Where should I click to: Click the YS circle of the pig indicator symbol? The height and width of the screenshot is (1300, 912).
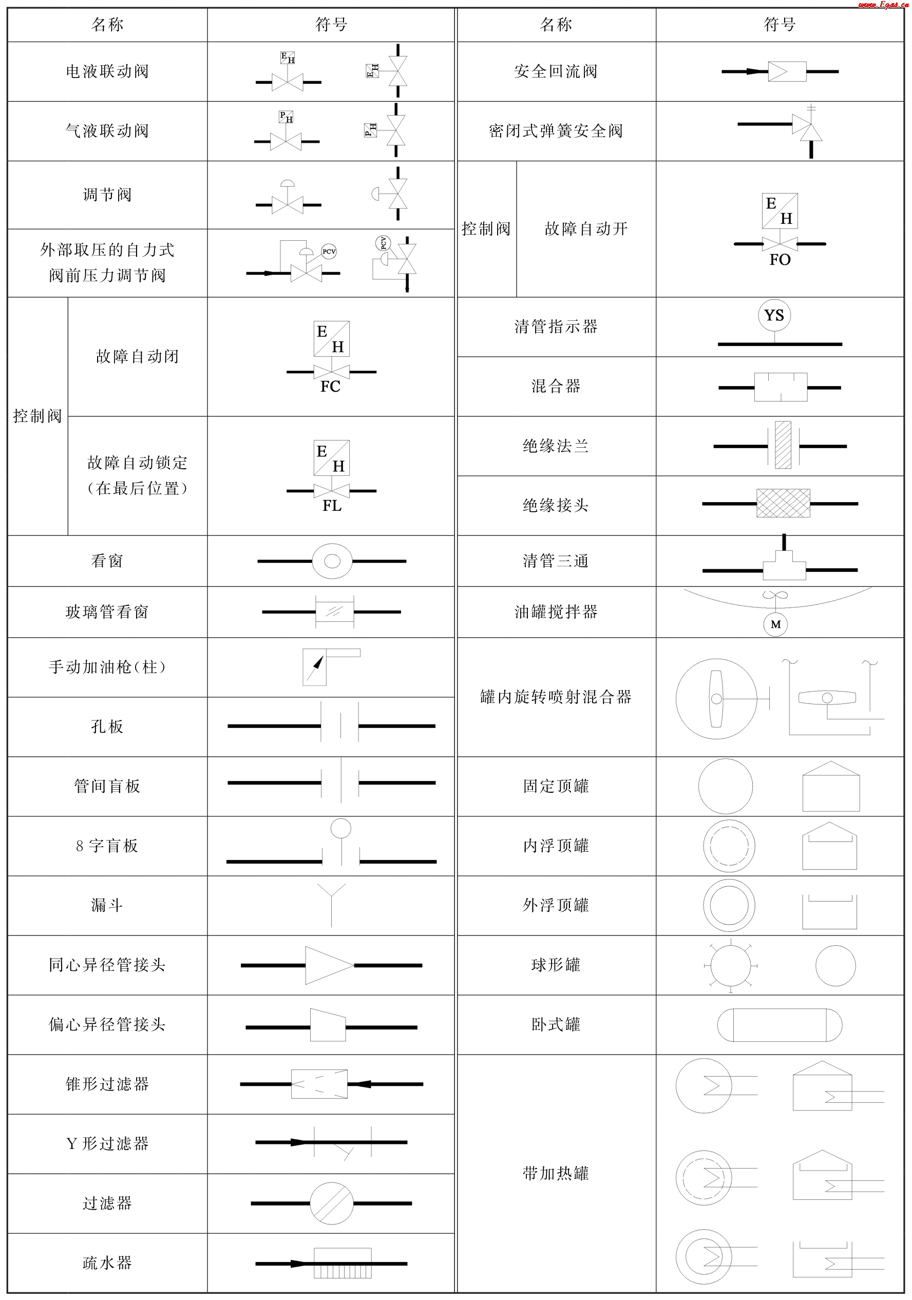pyautogui.click(x=774, y=315)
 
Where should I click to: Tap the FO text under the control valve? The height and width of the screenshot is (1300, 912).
pyautogui.click(x=780, y=260)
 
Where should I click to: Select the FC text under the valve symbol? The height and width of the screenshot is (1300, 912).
pyautogui.click(x=330, y=387)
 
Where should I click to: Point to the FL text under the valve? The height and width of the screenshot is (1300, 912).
pyautogui.click(x=332, y=506)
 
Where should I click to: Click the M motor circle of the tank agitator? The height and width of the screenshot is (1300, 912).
pyautogui.click(x=775, y=624)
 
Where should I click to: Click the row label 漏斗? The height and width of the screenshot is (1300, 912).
pyautogui.click(x=107, y=905)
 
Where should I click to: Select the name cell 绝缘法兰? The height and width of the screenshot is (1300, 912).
pyautogui.click(x=556, y=446)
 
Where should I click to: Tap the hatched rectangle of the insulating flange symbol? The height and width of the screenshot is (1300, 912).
pyautogui.click(x=783, y=445)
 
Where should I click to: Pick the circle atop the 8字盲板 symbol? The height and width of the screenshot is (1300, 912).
pyautogui.click(x=340, y=828)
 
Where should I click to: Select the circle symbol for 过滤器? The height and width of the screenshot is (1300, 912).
pyautogui.click(x=332, y=1203)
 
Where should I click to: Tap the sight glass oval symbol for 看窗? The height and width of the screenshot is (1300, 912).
pyautogui.click(x=332, y=561)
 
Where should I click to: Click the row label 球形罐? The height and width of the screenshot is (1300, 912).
pyautogui.click(x=556, y=965)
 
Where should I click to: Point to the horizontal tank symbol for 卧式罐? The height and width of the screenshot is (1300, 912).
pyautogui.click(x=780, y=1025)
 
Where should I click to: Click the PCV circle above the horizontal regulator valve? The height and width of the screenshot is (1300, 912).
pyautogui.click(x=329, y=252)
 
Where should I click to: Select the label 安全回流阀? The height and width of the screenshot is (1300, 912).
pyautogui.click(x=556, y=71)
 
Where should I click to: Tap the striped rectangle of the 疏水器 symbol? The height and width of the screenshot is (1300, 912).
pyautogui.click(x=343, y=1263)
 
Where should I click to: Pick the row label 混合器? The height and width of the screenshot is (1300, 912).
pyautogui.click(x=556, y=387)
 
